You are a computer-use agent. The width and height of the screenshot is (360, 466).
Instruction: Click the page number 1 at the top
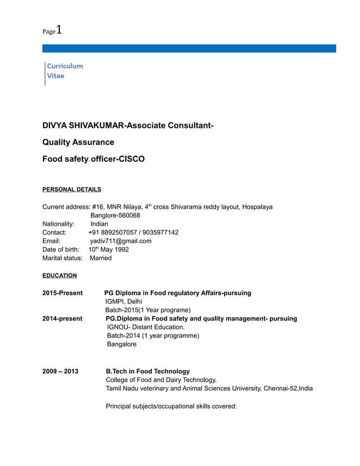click(59, 30)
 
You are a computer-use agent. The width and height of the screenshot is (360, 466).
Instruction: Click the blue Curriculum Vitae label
click(65, 71)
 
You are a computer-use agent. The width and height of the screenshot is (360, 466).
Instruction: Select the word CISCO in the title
click(131, 159)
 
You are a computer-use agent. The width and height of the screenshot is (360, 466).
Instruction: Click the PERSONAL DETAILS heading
click(72, 190)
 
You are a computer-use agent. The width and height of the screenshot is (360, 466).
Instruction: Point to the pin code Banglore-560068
click(115, 216)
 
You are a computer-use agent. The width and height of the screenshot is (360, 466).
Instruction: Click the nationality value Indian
click(99, 224)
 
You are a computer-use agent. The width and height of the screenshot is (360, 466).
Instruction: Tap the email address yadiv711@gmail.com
click(121, 241)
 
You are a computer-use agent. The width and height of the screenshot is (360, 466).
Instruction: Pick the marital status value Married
click(101, 258)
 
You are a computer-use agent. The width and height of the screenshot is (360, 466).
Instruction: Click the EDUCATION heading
click(60, 276)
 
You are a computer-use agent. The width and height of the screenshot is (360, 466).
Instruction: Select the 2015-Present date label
click(63, 293)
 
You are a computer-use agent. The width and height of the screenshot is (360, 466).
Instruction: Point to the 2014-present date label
click(63, 319)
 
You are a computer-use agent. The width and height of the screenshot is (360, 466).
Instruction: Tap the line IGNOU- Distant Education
click(146, 327)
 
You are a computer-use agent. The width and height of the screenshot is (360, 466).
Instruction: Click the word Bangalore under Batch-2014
click(122, 344)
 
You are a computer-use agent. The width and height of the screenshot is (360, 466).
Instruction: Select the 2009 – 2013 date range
click(60, 371)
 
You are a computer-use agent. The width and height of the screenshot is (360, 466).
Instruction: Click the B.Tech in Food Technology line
click(148, 371)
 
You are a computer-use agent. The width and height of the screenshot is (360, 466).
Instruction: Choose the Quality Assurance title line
click(78, 142)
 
